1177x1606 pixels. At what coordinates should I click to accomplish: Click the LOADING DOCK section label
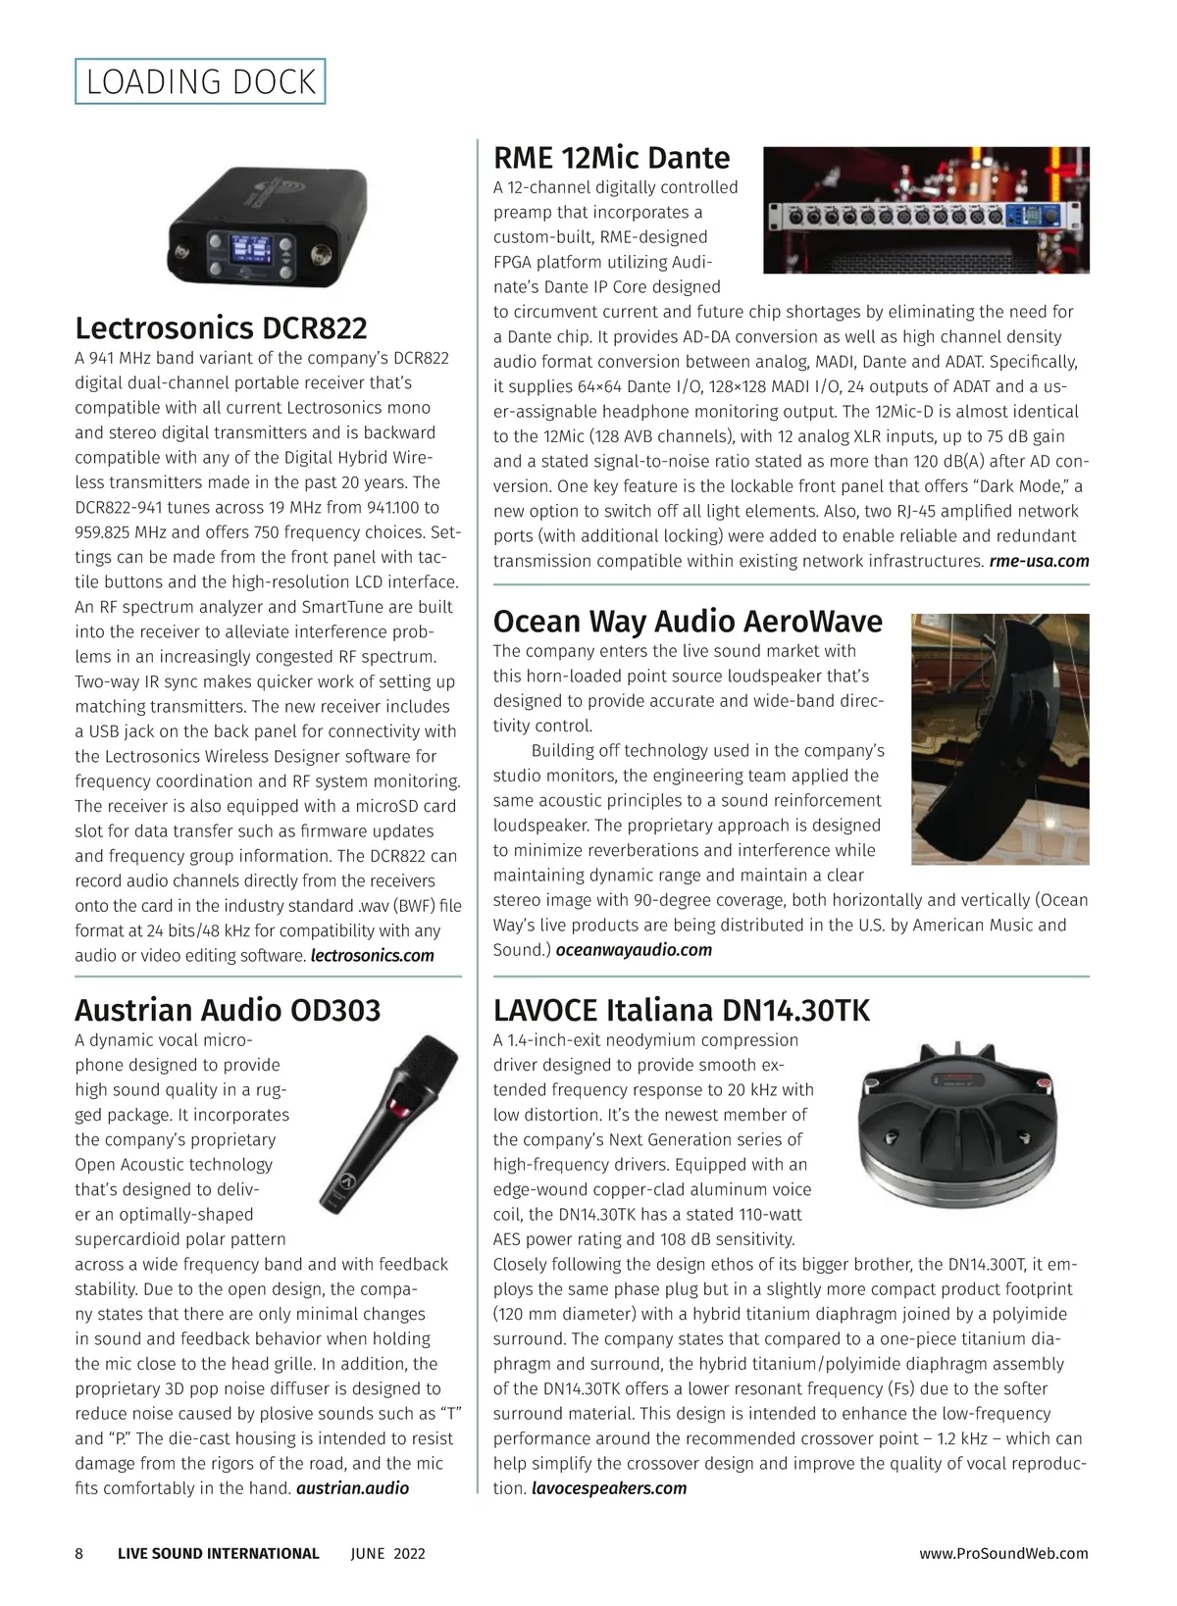coord(200,81)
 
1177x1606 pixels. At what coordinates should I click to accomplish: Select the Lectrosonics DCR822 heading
coord(221,326)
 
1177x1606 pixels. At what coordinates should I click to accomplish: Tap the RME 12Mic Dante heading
coord(611,157)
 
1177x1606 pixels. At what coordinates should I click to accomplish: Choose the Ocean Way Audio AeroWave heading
coord(688,621)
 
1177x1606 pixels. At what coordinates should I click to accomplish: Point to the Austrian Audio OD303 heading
coord(228,1009)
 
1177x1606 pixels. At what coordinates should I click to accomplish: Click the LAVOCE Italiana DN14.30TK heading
coord(681,1009)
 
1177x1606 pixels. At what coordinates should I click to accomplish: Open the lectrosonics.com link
coord(372,955)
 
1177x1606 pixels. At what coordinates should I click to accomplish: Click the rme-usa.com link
coord(1039,561)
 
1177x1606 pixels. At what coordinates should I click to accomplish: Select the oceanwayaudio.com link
coord(634,949)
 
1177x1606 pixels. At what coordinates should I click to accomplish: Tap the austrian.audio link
coord(352,1487)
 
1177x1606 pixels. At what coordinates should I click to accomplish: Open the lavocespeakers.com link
coord(608,1487)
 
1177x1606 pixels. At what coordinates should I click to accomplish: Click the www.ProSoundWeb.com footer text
coord(1003,1552)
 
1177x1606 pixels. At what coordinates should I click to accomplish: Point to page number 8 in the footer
coord(79,1552)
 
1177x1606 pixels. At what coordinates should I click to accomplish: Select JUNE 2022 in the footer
coord(387,1552)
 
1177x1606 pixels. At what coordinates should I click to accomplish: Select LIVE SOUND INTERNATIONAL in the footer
coord(218,1552)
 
